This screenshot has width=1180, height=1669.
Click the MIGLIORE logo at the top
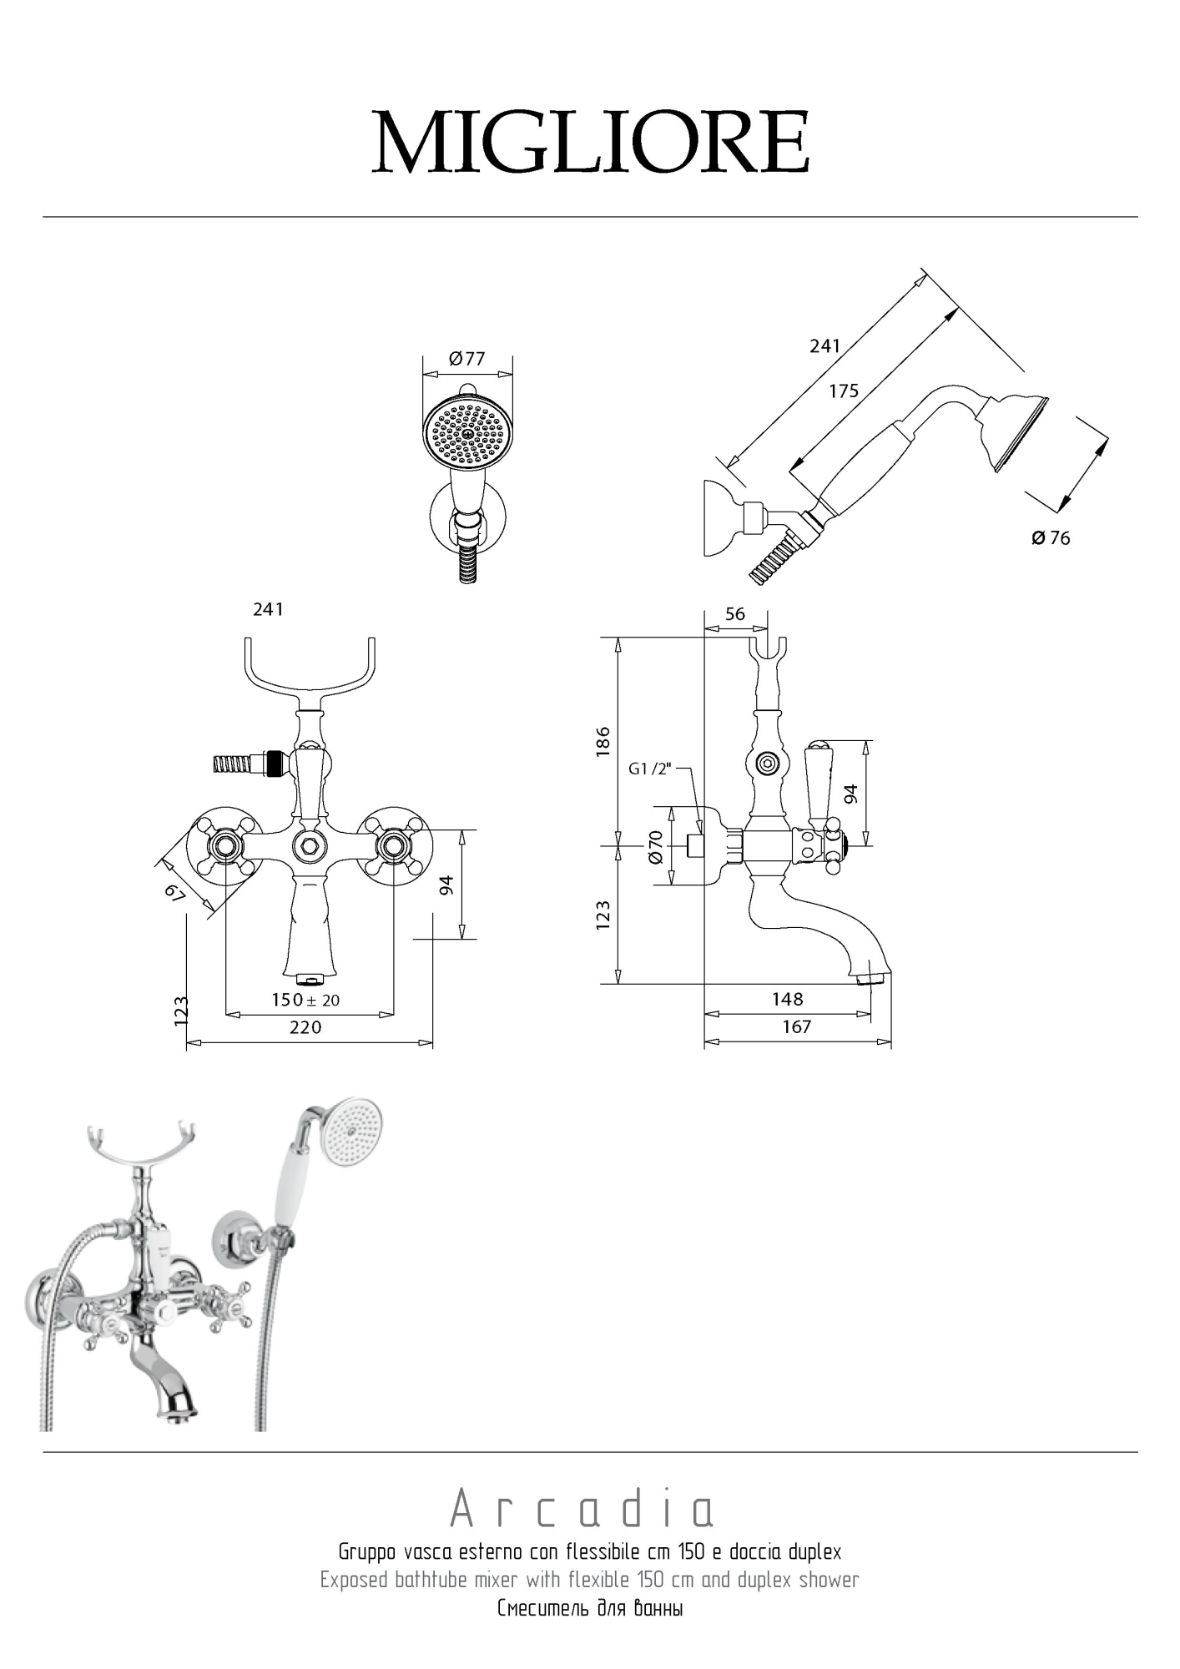click(x=590, y=142)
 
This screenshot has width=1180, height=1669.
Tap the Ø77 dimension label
click(x=466, y=359)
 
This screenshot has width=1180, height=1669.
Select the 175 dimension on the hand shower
click(x=843, y=391)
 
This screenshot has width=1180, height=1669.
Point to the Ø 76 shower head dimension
click(x=1051, y=538)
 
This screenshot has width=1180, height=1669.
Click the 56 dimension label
click(x=734, y=614)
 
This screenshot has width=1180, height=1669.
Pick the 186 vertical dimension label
click(x=603, y=742)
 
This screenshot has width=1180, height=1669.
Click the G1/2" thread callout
click(x=649, y=769)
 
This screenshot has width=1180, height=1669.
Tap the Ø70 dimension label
click(x=655, y=846)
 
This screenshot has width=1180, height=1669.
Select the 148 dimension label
click(x=787, y=999)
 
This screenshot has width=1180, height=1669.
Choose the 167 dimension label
click(x=796, y=1027)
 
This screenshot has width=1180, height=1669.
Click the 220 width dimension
click(x=305, y=1028)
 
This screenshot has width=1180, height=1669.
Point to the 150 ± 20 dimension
click(x=305, y=1000)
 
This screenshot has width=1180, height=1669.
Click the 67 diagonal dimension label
click(x=174, y=892)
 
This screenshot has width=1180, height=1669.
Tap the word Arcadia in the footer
click(x=582, y=1509)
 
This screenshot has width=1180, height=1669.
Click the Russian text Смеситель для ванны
click(x=590, y=1608)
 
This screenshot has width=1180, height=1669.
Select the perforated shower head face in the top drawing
click(x=467, y=432)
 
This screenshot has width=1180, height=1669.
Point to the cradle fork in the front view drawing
click(x=310, y=668)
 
